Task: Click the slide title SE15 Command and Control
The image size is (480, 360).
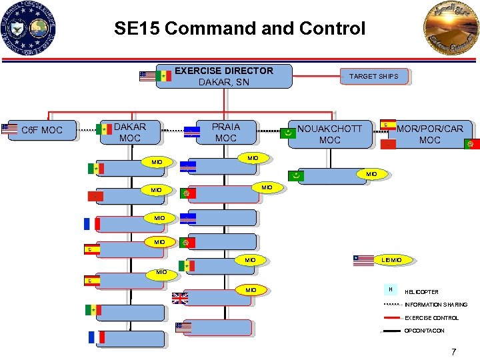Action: (239, 29)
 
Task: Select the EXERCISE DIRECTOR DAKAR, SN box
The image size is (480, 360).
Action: (224, 76)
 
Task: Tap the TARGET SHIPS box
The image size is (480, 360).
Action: (373, 76)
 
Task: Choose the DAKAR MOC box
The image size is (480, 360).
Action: (130, 132)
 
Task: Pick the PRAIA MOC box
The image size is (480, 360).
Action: (225, 132)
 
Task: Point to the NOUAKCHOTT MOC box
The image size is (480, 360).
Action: (329, 134)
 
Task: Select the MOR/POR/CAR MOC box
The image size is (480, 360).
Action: (429, 134)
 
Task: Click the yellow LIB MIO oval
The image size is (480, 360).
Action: (391, 259)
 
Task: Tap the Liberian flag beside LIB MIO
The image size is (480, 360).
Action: (364, 260)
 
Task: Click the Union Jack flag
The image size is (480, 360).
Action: (180, 298)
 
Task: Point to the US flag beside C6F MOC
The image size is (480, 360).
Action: (9, 129)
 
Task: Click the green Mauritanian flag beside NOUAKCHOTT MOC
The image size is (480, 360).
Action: (287, 133)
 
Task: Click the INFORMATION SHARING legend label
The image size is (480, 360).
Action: (436, 305)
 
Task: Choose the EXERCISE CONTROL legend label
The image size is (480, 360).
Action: (431, 318)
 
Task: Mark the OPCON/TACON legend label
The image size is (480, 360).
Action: (425, 331)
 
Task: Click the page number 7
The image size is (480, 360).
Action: (453, 351)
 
